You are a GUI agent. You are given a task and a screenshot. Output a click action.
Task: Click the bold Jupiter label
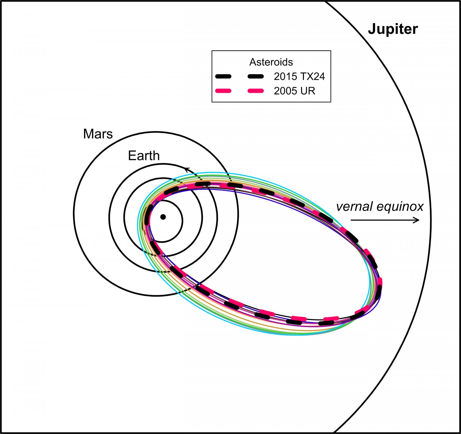pyautogui.click(x=393, y=29)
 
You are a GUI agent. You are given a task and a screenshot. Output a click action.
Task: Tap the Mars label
pyautogui.click(x=98, y=134)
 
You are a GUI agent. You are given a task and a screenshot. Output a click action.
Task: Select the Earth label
pyautogui.click(x=144, y=156)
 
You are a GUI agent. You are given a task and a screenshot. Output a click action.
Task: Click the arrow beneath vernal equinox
pyautogui.click(x=385, y=220)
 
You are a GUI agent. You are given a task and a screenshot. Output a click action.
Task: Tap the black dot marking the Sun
pyautogui.click(x=163, y=217)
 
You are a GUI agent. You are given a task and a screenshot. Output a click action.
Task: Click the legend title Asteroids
pyautogui.click(x=271, y=62)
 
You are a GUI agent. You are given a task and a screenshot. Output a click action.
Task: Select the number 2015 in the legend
pyautogui.click(x=285, y=76)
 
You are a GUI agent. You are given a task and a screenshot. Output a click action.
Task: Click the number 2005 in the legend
pyautogui.click(x=285, y=91)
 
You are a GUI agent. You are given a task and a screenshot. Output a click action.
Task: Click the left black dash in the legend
pyautogui.click(x=223, y=76)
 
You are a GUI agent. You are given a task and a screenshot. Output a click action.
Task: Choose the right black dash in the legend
pyautogui.click(x=256, y=76)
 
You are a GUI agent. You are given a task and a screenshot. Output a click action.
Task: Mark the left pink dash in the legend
pyautogui.click(x=223, y=91)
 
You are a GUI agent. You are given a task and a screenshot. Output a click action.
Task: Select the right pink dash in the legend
pyautogui.click(x=256, y=91)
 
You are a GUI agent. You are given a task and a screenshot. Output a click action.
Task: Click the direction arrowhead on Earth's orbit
pyautogui.click(x=187, y=169)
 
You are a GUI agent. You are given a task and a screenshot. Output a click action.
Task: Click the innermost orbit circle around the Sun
pyautogui.click(x=182, y=221)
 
